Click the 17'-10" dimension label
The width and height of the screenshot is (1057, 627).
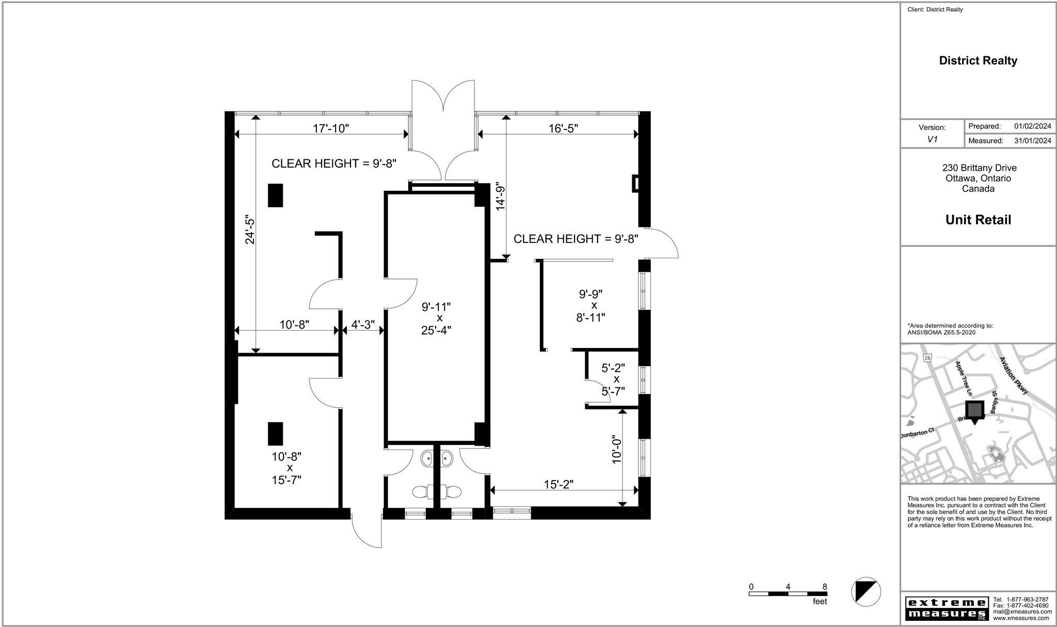(x=331, y=128)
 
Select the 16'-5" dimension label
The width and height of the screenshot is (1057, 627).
(x=563, y=128)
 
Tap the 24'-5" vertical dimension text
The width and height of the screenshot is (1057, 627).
(x=250, y=229)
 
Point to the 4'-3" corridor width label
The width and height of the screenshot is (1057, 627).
(x=363, y=325)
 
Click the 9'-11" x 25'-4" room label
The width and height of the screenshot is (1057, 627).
(x=436, y=318)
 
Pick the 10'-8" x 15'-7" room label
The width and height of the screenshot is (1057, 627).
(x=286, y=468)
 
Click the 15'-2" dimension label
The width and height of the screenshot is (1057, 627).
(x=558, y=484)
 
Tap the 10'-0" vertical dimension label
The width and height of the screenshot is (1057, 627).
(x=616, y=450)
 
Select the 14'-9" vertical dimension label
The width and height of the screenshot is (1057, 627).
(x=500, y=196)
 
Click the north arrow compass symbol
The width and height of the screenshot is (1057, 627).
(x=866, y=591)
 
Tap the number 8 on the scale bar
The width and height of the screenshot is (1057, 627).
(x=824, y=586)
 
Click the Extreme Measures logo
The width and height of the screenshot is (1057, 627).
(x=946, y=608)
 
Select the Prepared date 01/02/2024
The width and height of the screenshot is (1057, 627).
(x=1033, y=126)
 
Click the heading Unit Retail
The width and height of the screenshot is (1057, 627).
(x=978, y=220)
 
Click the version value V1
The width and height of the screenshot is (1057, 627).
(x=932, y=139)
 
